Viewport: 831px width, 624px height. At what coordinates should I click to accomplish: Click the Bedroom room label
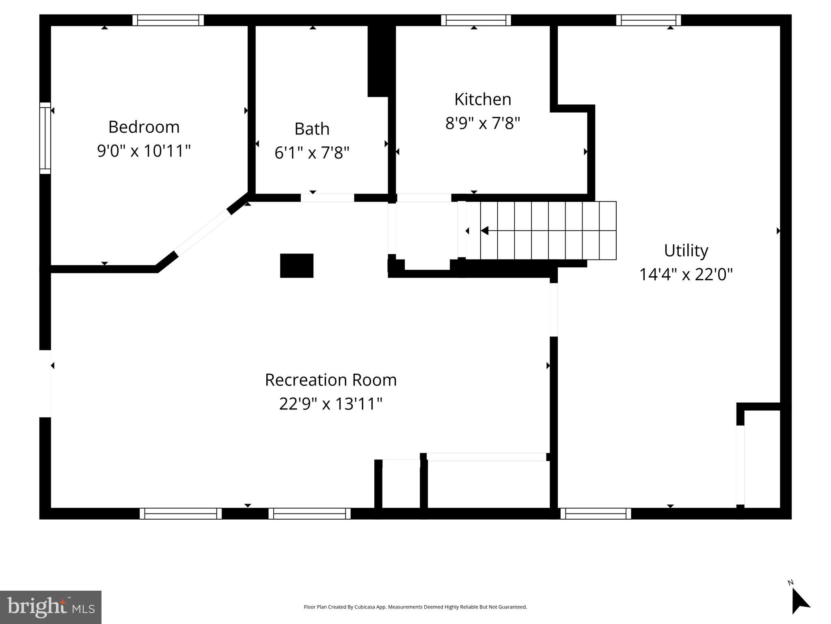pyautogui.click(x=144, y=127)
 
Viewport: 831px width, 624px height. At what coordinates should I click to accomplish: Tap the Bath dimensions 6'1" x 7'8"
pyautogui.click(x=312, y=153)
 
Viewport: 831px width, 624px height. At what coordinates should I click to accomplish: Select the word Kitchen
pyautogui.click(x=482, y=100)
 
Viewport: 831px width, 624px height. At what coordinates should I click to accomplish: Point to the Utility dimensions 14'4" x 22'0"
pyautogui.click(x=686, y=275)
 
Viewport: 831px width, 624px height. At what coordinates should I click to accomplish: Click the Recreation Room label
pyautogui.click(x=330, y=380)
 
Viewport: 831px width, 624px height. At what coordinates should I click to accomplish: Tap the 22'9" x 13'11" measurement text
pyautogui.click(x=330, y=404)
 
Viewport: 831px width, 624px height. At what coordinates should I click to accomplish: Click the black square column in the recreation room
pyautogui.click(x=296, y=266)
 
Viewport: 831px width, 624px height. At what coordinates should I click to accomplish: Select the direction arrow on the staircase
pyautogui.click(x=485, y=231)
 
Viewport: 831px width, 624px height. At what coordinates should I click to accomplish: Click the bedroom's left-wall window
pyautogui.click(x=45, y=138)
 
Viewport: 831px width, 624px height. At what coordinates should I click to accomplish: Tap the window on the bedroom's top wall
pyautogui.click(x=168, y=20)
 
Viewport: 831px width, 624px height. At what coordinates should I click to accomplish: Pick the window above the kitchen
pyautogui.click(x=476, y=20)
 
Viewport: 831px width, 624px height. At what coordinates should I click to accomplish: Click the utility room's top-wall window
pyautogui.click(x=648, y=20)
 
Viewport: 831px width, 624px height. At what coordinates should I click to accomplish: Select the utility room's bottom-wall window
pyautogui.click(x=596, y=513)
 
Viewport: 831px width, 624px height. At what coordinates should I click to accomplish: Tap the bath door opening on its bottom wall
pyautogui.click(x=327, y=198)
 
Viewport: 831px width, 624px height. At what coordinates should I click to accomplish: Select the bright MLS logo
pyautogui.click(x=51, y=607)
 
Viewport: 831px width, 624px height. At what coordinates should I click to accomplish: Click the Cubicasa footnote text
pyautogui.click(x=415, y=607)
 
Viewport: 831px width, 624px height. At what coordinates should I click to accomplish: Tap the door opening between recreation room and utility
pyautogui.click(x=553, y=310)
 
